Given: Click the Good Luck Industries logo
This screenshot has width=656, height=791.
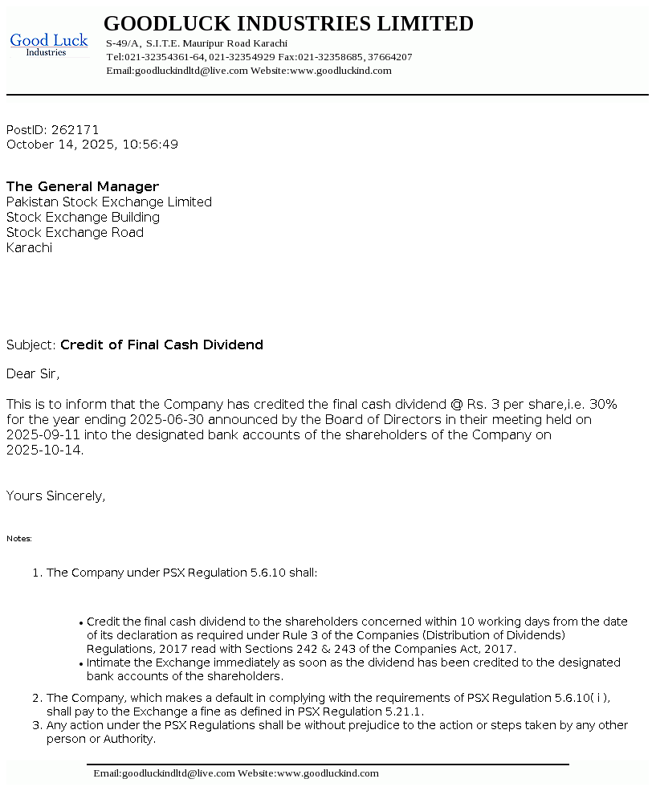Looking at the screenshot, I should (x=49, y=44).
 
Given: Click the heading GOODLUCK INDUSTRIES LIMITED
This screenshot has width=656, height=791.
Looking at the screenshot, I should (x=288, y=24).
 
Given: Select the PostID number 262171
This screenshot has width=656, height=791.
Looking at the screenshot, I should (x=75, y=129).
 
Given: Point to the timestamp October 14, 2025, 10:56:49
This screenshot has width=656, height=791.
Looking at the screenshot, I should (x=92, y=145).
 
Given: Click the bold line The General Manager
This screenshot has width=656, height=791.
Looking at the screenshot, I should (x=83, y=187).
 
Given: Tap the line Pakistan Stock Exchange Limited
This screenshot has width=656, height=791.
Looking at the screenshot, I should (x=109, y=202).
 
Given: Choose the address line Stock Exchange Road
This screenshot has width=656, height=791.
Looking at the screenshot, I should (x=75, y=233).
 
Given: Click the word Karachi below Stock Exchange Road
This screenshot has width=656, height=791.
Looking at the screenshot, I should (x=29, y=248).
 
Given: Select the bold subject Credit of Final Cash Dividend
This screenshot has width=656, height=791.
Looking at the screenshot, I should (x=161, y=345).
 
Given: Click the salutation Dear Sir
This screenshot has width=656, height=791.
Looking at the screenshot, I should (x=33, y=374).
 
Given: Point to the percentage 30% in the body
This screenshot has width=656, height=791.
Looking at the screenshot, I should (x=603, y=404).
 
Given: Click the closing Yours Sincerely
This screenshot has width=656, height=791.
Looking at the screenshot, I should (x=55, y=496).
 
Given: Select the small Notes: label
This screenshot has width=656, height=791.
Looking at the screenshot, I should (x=19, y=539).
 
